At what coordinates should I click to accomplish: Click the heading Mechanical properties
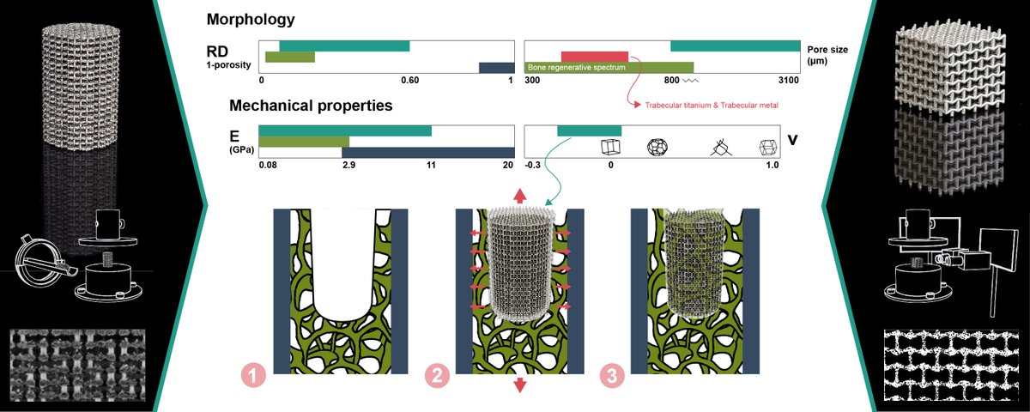tap(311, 106)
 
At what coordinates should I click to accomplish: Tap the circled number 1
tap(251, 375)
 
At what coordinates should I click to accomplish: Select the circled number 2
tap(435, 375)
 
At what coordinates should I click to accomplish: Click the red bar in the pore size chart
tap(594, 56)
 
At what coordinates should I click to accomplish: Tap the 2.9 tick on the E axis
tap(348, 164)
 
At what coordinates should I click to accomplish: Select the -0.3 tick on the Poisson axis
tap(531, 164)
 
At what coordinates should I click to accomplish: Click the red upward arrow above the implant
tap(519, 196)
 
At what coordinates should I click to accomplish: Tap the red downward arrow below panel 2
tap(519, 385)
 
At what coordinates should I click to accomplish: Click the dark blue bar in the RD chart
tap(495, 68)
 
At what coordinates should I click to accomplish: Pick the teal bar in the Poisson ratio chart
tap(589, 130)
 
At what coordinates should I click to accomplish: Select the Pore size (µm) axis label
tap(827, 56)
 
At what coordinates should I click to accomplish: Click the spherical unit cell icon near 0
tap(657, 147)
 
